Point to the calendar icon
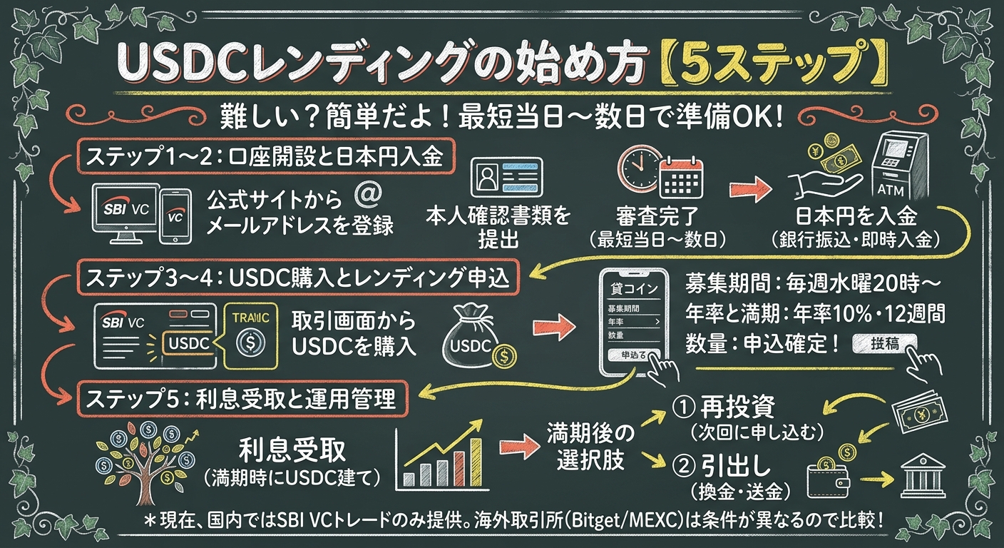point(680,178)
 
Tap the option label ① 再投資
point(723,409)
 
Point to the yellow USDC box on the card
point(187,343)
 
